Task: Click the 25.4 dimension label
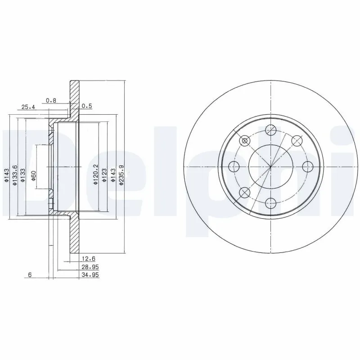pos(28,107)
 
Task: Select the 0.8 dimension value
pos(51,100)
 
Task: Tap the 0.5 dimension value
pos(86,106)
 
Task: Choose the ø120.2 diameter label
pos(95,173)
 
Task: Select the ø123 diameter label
pos(103,174)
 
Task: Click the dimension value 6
pos(29,275)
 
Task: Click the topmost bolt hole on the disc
pos(270,130)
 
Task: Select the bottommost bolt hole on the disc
pos(270,203)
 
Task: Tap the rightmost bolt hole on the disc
pos(307,166)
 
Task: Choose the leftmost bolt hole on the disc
pos(234,167)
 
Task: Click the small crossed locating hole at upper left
pos(245,141)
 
